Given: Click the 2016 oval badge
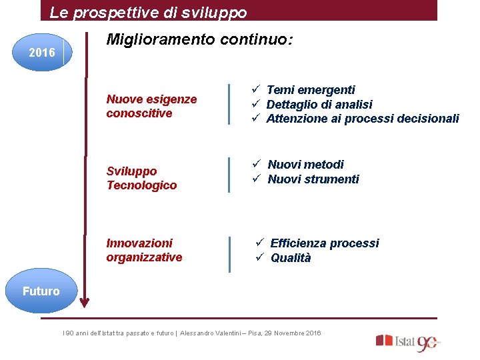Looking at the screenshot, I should (42, 51).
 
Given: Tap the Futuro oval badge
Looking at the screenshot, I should (41, 291).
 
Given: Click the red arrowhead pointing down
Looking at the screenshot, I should (84, 304).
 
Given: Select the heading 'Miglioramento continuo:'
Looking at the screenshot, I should (199, 41).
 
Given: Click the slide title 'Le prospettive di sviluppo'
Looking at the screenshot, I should (148, 13).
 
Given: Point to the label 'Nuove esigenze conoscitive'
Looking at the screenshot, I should (151, 106).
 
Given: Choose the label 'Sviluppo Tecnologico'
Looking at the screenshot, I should (141, 178).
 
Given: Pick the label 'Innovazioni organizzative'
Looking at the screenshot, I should (144, 250).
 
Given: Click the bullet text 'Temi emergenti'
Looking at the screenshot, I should (311, 89).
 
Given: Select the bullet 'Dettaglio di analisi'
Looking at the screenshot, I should (319, 104).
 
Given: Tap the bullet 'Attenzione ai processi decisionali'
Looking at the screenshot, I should (363, 119).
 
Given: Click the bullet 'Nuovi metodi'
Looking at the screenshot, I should (306, 164).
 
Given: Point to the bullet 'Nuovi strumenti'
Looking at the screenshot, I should (313, 179).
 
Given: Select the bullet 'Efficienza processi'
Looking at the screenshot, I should (325, 243).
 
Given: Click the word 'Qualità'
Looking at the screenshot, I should (291, 258).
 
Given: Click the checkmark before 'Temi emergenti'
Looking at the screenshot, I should (255, 89).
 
